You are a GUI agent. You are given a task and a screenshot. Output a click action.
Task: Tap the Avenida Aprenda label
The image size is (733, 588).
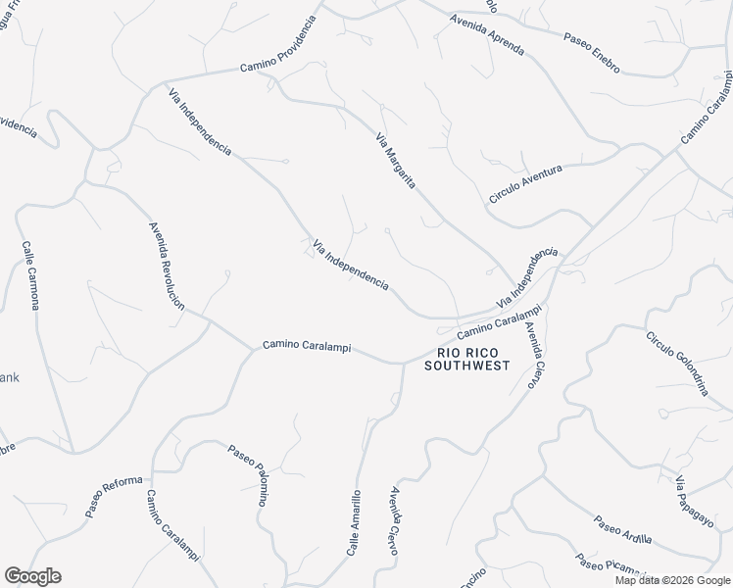click(x=487, y=34)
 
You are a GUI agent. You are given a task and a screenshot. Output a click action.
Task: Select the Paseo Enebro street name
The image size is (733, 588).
click(x=592, y=52)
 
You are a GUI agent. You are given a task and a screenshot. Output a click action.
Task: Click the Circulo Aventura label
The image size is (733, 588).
click(x=525, y=184)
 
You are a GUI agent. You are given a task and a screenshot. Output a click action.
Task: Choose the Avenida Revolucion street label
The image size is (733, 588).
click(x=167, y=266)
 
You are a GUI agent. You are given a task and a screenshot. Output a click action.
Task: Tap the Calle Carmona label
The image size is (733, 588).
click(x=30, y=275)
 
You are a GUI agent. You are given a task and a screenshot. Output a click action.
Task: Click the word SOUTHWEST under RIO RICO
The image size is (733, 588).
click(x=466, y=366)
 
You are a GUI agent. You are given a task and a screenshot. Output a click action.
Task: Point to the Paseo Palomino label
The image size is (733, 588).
click(x=249, y=475)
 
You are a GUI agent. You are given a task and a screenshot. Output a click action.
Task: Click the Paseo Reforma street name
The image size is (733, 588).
click(x=114, y=497)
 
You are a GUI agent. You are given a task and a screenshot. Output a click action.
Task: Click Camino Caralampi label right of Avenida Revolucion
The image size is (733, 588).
click(x=306, y=347)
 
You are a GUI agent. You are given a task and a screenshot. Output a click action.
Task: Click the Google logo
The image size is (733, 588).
click(x=32, y=576)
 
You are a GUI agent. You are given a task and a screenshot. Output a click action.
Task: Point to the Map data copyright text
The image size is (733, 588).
click(x=672, y=580)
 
